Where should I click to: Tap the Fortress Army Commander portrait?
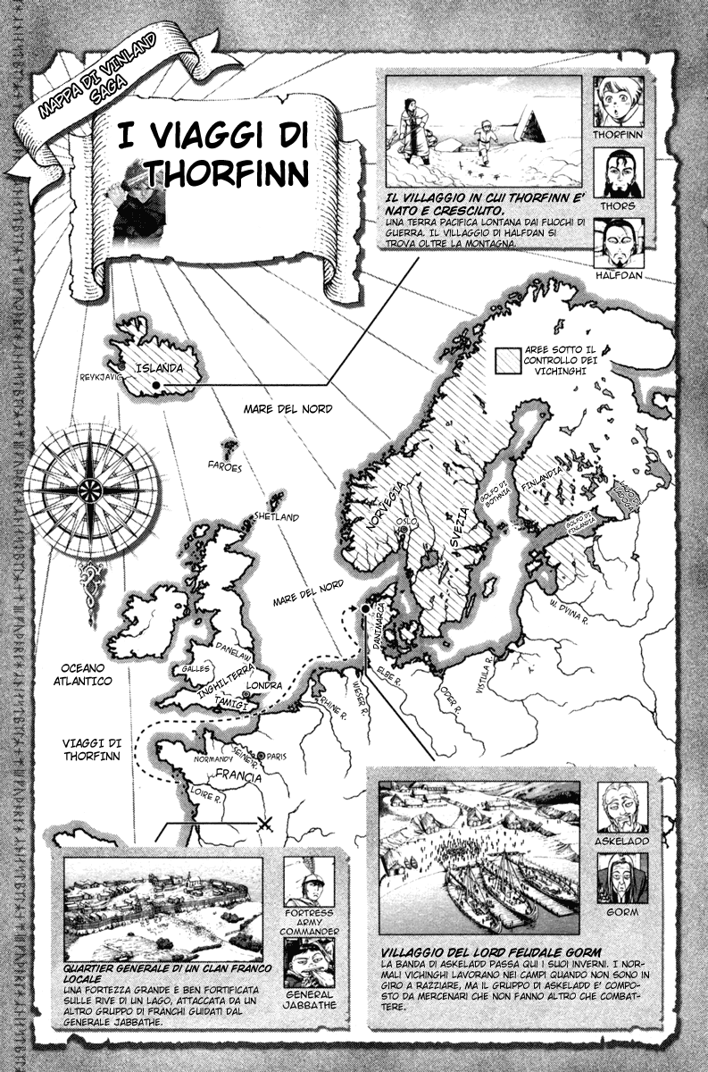[308, 880]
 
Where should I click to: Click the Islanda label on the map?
[159, 367]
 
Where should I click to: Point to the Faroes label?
[225, 466]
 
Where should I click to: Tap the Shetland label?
[276, 517]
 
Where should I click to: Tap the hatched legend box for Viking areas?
[509, 359]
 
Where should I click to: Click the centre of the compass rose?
[90, 489]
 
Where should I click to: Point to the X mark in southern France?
[264, 823]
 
